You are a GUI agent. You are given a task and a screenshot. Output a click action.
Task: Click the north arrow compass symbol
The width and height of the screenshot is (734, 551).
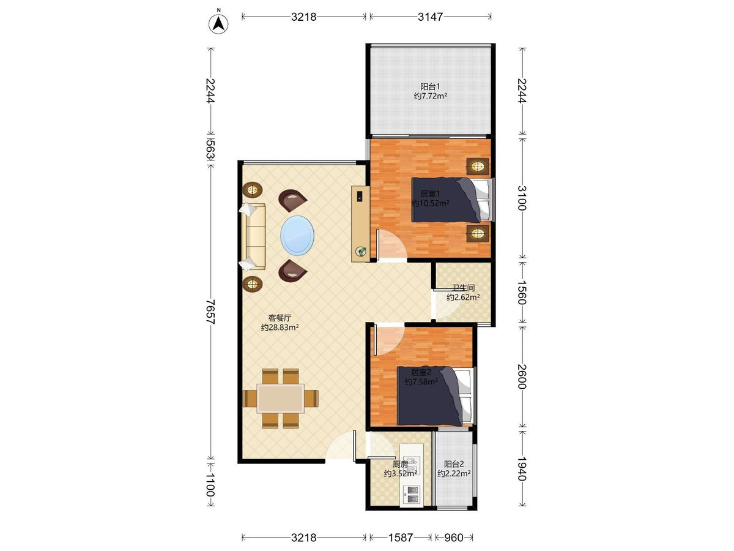point(218,24)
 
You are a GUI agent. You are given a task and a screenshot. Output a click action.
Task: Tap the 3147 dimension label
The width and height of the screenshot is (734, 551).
point(430,17)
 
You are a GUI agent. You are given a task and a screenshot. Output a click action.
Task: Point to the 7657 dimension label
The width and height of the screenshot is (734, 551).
point(210,312)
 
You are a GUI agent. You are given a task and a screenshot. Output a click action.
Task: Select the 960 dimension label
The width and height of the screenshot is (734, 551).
point(453,538)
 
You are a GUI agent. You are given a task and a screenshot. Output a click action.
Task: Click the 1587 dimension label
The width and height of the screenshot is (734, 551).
point(400,538)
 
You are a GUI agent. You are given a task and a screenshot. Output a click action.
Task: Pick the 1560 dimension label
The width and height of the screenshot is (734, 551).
point(522,292)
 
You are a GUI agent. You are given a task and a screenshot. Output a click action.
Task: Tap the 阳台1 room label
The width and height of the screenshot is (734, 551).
point(430,87)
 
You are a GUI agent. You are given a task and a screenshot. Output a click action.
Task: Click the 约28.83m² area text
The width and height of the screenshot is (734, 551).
point(280,327)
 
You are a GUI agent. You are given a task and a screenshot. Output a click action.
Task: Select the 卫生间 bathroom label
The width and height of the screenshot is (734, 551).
point(463,287)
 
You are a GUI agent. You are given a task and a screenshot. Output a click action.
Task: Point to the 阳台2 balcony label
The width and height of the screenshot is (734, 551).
point(454,463)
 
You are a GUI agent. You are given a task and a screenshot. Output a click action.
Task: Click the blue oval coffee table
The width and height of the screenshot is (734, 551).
point(297,236)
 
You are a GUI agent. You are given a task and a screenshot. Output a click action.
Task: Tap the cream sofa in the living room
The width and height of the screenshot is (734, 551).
point(253,236)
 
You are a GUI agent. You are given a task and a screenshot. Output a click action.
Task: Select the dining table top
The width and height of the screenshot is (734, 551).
point(281,398)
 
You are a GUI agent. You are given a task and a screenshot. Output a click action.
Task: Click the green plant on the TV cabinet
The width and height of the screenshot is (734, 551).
point(360,251)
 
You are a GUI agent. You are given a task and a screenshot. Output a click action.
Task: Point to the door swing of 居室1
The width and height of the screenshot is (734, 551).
point(391,244)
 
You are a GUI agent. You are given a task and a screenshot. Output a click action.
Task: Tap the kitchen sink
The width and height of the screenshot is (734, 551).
point(411,466)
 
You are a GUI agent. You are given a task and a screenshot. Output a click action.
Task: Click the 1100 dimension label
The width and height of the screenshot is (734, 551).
point(210,485)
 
